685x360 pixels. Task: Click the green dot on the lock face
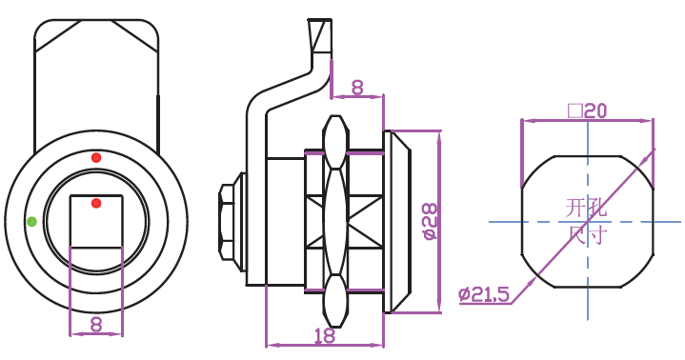click(x=31, y=222)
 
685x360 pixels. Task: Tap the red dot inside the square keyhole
click(x=96, y=203)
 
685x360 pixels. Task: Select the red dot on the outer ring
click(x=96, y=158)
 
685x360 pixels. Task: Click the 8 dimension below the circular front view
click(x=96, y=325)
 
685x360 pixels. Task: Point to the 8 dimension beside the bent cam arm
click(x=357, y=88)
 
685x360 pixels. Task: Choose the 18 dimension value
click(x=325, y=335)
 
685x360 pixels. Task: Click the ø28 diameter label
click(x=430, y=221)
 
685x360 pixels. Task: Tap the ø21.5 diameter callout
click(x=484, y=295)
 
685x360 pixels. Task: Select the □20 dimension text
click(x=587, y=111)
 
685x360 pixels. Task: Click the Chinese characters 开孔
click(x=586, y=208)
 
